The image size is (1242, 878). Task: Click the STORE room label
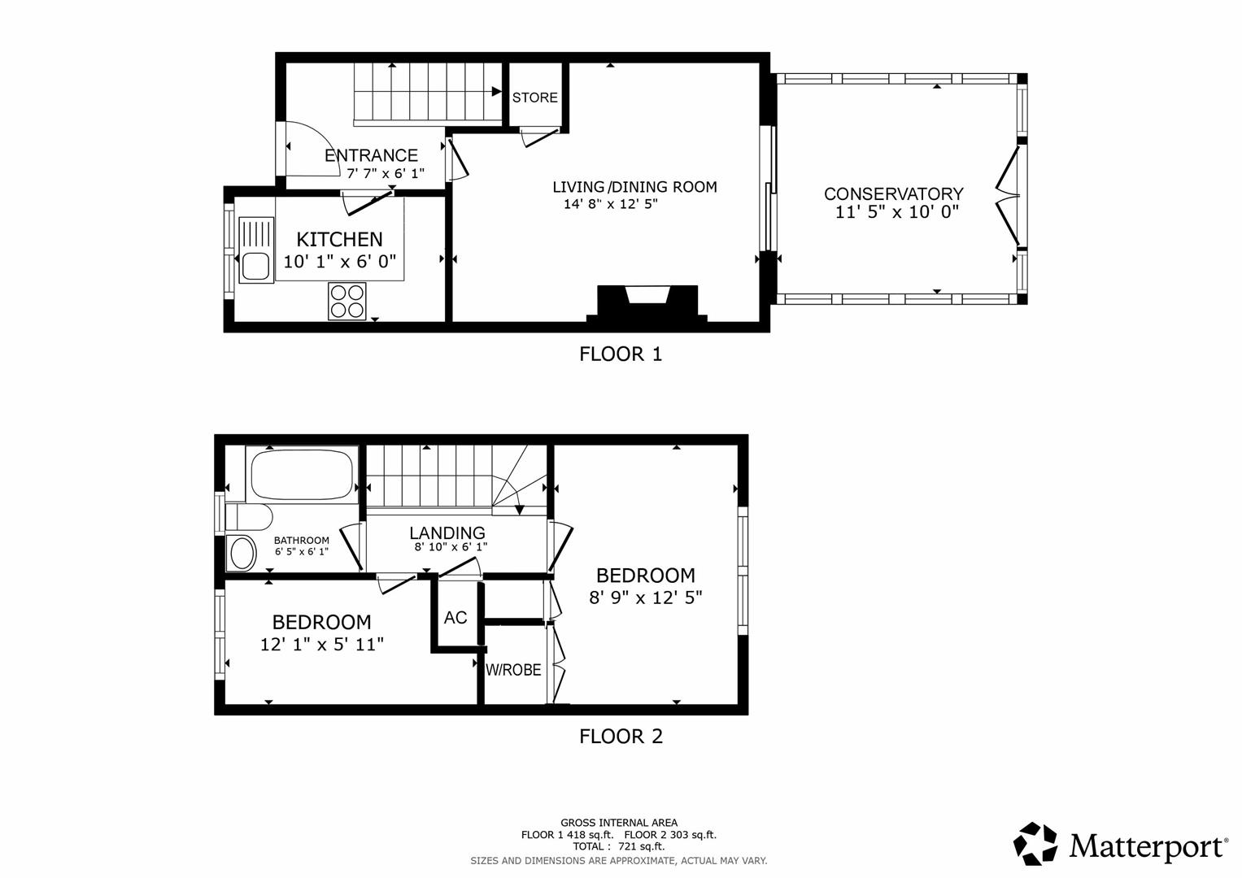tap(534, 98)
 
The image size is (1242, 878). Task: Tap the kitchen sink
tap(255, 265)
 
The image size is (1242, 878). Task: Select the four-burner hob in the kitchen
tap(347, 301)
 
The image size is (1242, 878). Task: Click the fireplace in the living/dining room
tap(647, 304)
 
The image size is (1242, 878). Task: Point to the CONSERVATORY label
tap(893, 193)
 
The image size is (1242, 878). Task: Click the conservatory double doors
tap(1009, 196)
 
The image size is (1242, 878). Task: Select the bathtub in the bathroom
tap(302, 475)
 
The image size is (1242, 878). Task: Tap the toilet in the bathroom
tap(247, 517)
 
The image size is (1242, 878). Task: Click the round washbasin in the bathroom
tap(242, 554)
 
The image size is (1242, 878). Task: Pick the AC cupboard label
tap(455, 618)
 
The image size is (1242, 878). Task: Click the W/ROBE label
tap(513, 670)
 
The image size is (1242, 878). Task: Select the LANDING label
tap(447, 532)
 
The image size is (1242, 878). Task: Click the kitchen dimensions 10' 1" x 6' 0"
tap(339, 262)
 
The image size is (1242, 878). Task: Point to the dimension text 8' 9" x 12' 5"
tap(645, 598)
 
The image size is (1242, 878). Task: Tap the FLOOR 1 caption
tap(621, 354)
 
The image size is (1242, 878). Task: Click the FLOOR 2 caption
tap(621, 737)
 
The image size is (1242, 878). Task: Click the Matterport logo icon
tap(1035, 844)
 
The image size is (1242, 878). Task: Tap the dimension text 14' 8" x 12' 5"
tap(610, 204)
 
